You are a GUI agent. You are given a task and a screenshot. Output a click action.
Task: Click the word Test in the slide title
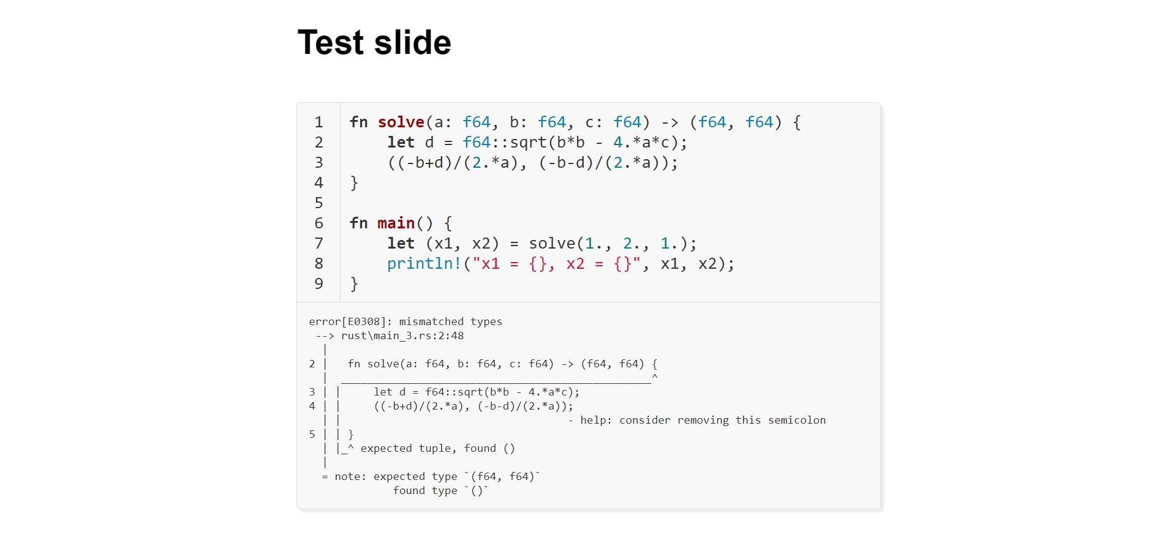[331, 43]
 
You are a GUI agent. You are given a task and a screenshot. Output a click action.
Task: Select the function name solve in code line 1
[401, 122]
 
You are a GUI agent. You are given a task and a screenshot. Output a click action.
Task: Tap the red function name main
[396, 223]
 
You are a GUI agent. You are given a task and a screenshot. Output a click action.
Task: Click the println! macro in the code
[424, 264]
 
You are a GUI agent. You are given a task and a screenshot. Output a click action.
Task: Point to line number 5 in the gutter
[318, 203]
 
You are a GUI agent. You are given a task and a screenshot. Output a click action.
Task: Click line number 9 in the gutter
[318, 284]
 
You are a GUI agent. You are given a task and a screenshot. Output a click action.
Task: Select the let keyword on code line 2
[401, 143]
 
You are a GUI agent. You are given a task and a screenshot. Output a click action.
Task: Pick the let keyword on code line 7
[401, 244]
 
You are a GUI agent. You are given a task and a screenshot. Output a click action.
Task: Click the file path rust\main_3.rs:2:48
[402, 336]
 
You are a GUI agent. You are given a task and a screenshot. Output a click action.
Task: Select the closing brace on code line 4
[354, 183]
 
